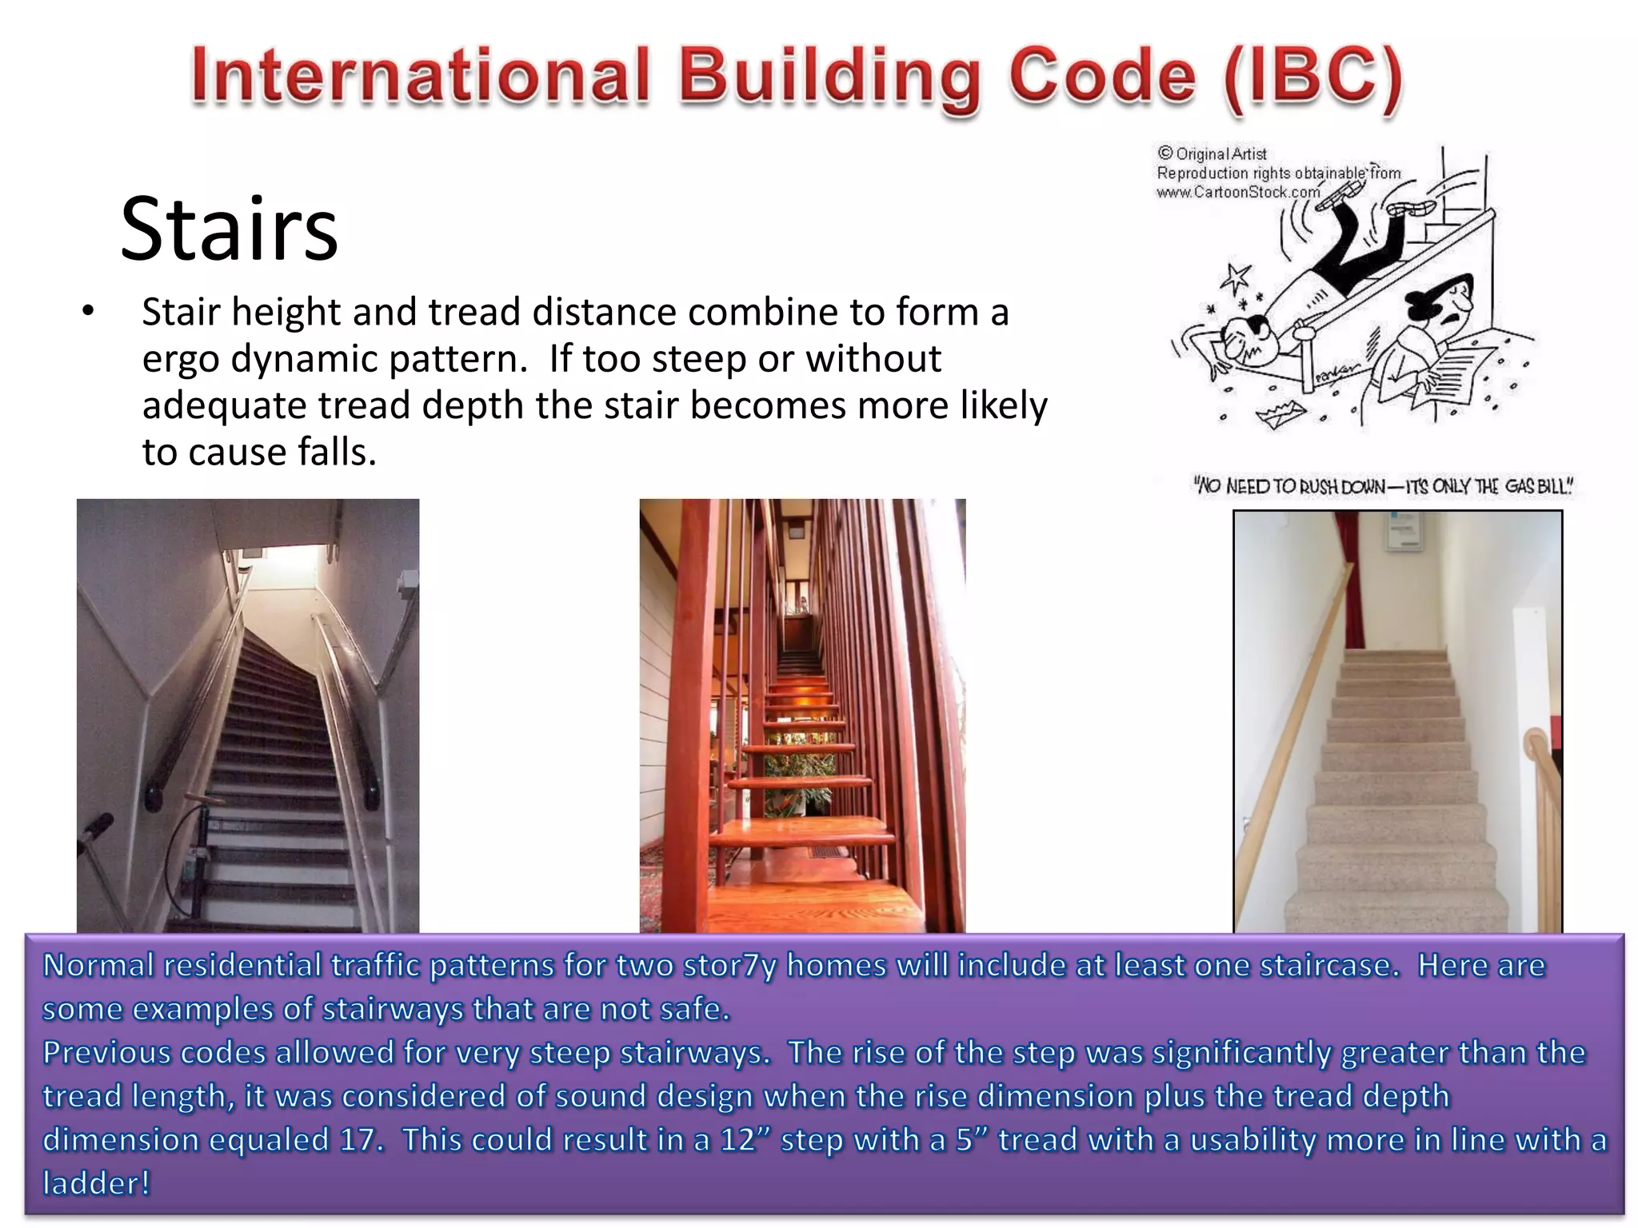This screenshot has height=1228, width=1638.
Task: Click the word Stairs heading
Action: (x=229, y=229)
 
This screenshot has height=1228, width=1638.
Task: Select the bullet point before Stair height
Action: (x=88, y=312)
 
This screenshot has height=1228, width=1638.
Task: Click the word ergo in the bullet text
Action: (x=180, y=359)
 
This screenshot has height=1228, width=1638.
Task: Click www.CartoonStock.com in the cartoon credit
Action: (x=1237, y=193)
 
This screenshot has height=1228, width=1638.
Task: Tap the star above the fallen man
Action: (x=1236, y=277)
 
